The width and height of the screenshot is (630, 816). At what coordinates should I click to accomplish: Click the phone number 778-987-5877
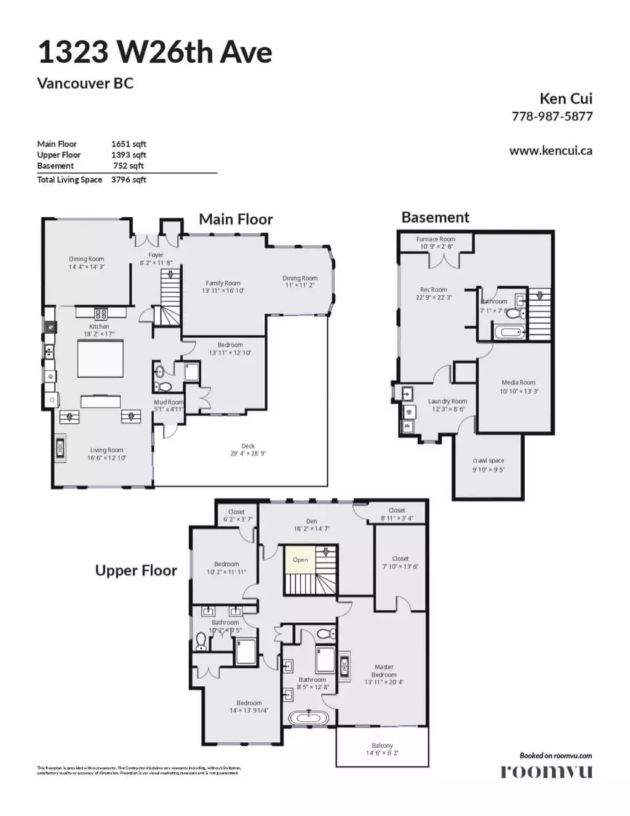552,116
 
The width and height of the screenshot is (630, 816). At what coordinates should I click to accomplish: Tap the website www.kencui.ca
551,151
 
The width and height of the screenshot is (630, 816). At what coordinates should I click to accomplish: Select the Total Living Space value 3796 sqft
129,180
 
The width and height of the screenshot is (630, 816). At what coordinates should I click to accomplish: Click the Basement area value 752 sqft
128,166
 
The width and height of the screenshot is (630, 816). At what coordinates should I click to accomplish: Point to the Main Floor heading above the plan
236,220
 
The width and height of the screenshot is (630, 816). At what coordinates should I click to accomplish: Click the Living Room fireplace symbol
60,447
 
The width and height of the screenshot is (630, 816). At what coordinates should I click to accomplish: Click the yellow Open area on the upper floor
300,559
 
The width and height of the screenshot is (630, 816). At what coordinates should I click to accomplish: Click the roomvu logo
546,771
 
